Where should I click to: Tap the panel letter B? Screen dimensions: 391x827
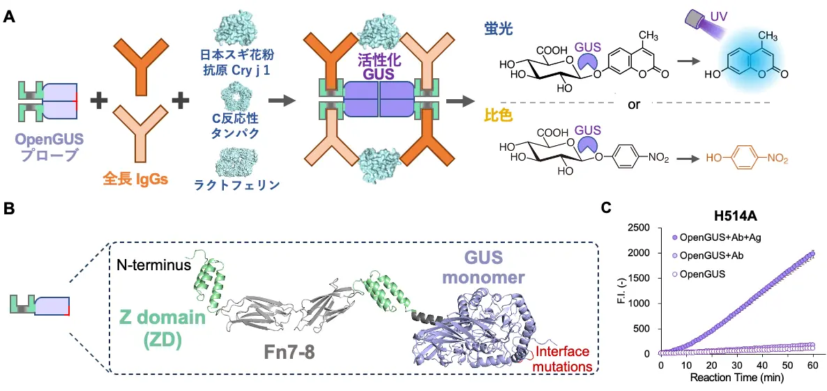click(x=10, y=209)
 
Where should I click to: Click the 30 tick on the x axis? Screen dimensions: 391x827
click(x=738, y=366)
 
